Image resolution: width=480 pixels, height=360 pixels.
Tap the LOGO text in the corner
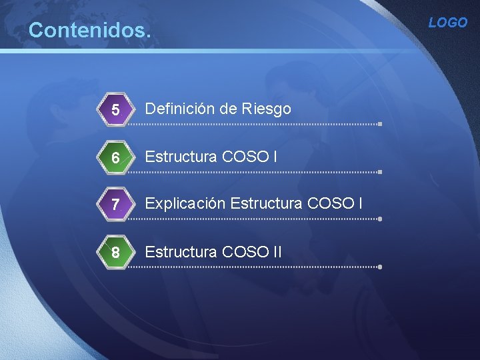click(448, 23)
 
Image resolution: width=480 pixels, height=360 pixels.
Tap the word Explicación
click(185, 204)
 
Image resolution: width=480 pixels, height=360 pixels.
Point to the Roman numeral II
click(277, 252)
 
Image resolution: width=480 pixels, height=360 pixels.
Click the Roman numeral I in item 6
click(275, 157)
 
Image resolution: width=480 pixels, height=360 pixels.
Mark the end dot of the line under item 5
click(379, 124)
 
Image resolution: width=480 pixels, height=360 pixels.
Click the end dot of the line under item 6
click(379, 171)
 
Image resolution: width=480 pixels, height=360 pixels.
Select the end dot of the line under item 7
click(379, 219)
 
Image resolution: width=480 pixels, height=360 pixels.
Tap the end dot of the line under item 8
click(379, 267)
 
